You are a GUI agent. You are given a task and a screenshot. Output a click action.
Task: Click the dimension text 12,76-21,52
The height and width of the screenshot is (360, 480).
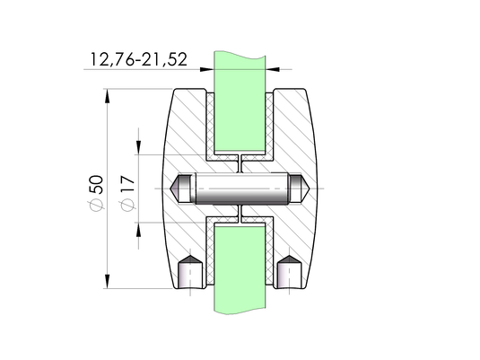click(x=139, y=60)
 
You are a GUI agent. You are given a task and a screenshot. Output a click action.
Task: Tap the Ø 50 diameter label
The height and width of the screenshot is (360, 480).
click(x=95, y=193)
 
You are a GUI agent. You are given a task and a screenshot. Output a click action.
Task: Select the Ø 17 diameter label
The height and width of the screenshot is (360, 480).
click(x=127, y=193)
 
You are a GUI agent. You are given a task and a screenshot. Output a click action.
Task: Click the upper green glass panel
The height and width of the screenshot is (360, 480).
click(x=240, y=101)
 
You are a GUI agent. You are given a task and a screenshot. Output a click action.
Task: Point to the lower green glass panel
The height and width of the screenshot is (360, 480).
click(x=240, y=268)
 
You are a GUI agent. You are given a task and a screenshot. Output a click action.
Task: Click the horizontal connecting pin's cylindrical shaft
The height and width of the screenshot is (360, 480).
click(x=242, y=189)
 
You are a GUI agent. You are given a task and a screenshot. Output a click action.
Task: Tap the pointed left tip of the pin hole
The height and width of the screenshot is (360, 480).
click(x=170, y=189)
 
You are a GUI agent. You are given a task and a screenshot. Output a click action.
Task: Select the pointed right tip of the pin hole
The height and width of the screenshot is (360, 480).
click(x=310, y=189)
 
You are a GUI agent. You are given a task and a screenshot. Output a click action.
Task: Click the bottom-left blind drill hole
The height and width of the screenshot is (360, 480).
click(x=190, y=272)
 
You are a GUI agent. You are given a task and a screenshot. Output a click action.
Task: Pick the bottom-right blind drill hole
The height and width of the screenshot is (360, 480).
click(x=289, y=272)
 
